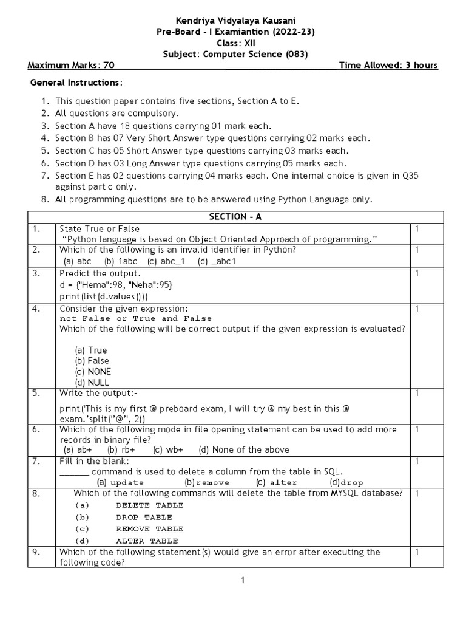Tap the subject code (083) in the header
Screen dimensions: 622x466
[x=297, y=54]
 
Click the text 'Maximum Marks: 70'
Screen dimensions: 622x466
[x=71, y=66]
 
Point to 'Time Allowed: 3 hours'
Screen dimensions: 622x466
[x=388, y=66]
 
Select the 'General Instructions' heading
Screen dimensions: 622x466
[x=76, y=83]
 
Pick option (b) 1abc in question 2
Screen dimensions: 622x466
[x=120, y=261]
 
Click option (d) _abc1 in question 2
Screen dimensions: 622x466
[x=217, y=261]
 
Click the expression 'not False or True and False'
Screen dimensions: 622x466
[x=136, y=318]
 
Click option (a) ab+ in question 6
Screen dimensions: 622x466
[x=78, y=449]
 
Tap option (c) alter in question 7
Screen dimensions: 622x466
[x=277, y=482]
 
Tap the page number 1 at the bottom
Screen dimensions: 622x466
[x=242, y=581]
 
